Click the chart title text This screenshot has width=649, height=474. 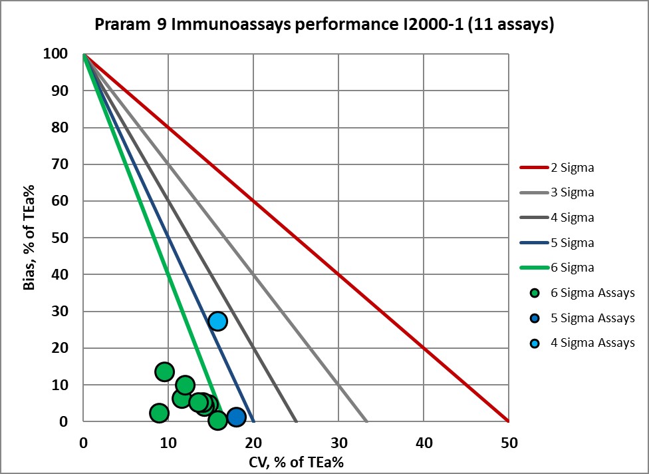coord(324,25)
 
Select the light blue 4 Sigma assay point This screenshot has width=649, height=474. coord(217,321)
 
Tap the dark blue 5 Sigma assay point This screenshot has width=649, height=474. coord(236,417)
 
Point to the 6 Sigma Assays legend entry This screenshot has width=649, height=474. coord(592,293)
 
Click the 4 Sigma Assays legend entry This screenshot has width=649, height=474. coord(592,343)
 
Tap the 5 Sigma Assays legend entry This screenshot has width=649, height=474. coord(592,318)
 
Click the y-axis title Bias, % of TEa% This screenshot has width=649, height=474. coord(30,238)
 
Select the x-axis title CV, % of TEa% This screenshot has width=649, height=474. coord(295,460)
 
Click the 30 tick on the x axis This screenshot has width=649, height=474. coord(338,440)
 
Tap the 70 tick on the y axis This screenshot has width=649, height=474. coord(62,164)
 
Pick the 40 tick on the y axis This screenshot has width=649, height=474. coord(62,274)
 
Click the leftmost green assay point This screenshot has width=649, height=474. coord(159,413)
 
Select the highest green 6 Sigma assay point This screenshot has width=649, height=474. coord(164,371)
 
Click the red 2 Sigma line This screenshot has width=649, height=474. coord(338,274)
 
